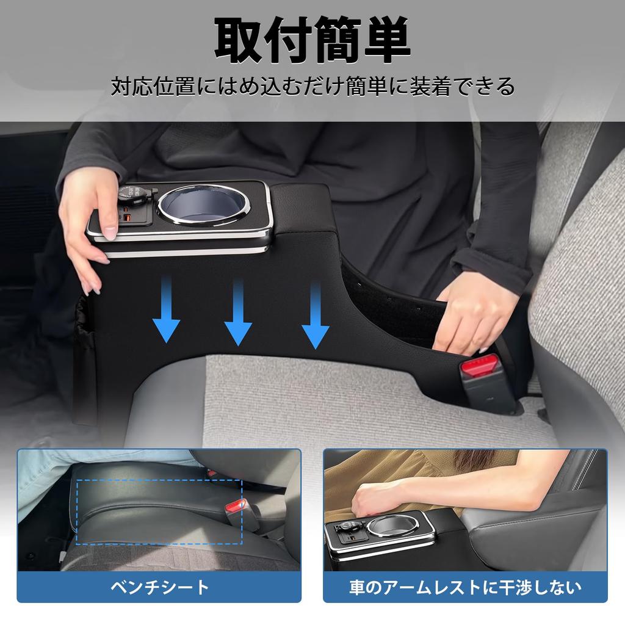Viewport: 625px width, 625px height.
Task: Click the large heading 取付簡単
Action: point(312,41)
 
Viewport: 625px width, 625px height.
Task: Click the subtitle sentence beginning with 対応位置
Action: point(312,86)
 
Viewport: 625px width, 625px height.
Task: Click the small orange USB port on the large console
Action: point(128,219)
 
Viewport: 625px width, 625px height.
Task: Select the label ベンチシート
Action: point(159,588)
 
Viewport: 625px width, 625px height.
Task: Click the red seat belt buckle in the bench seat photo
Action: point(236,505)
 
